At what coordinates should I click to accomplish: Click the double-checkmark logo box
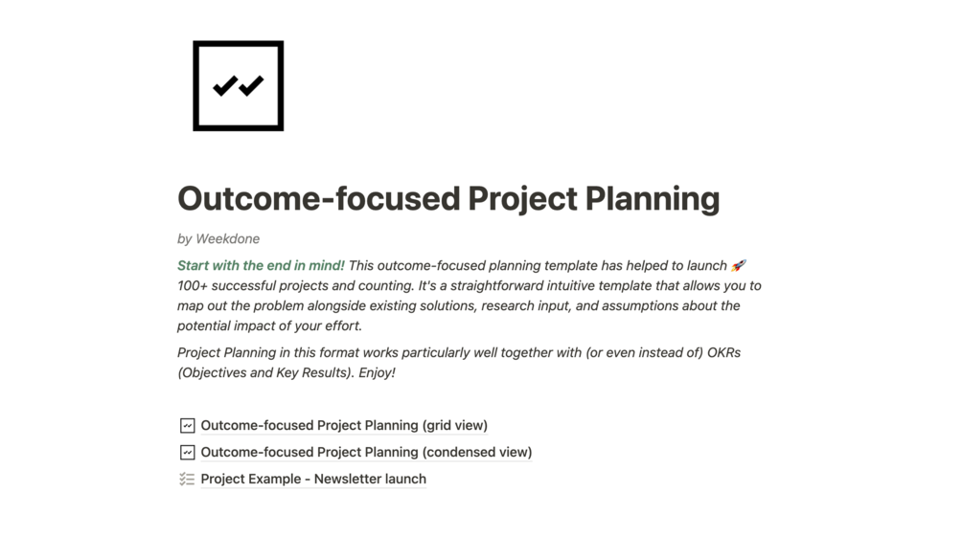[238, 85]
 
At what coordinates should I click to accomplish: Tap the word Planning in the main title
[652, 198]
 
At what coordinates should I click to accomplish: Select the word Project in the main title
[521, 198]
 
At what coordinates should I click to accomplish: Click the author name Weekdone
[227, 238]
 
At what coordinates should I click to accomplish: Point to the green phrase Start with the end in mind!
[261, 265]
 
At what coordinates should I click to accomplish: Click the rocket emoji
[738, 265]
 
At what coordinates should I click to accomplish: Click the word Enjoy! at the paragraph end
[377, 372]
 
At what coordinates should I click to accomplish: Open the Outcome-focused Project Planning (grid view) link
[344, 425]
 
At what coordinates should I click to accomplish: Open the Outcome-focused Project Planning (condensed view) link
[366, 452]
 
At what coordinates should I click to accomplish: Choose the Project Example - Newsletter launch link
[313, 479]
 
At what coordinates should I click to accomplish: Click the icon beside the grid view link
[187, 425]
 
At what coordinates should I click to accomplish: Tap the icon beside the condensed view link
[187, 452]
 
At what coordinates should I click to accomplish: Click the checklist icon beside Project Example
[187, 479]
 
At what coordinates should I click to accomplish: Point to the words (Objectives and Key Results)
[265, 372]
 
